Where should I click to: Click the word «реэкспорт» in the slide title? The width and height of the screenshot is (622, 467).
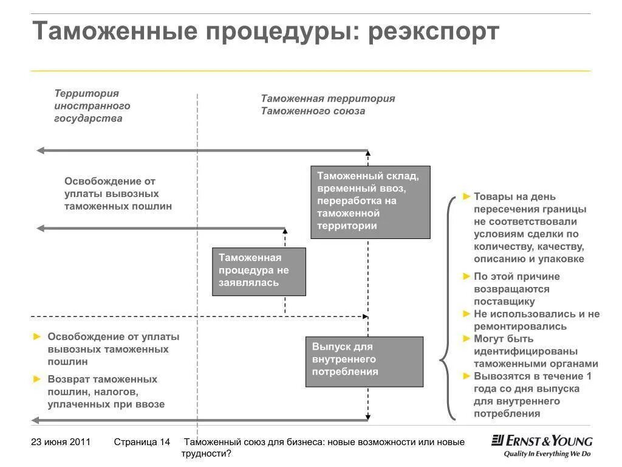[432, 32]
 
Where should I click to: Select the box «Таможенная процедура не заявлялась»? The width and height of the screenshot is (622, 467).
[259, 271]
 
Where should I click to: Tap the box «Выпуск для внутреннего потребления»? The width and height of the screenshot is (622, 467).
[364, 361]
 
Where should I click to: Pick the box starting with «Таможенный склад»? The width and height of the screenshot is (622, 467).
[370, 202]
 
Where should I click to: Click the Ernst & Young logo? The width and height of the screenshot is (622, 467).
[542, 441]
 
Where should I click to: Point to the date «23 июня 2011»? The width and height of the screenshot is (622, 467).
[61, 442]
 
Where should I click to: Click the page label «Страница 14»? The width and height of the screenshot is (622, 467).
[142, 442]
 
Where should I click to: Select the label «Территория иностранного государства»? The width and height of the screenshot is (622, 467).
[92, 106]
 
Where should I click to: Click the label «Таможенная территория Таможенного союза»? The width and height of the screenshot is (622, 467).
[328, 104]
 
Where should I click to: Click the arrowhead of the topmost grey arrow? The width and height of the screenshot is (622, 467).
[40, 150]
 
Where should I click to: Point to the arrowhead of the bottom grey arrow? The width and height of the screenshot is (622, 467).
[35, 420]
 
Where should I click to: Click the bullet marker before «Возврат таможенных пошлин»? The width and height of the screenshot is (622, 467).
[38, 379]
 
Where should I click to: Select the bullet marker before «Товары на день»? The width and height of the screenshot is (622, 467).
[466, 196]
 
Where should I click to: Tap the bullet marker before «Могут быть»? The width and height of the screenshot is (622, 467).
[466, 339]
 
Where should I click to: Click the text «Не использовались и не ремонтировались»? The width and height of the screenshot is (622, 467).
[536, 320]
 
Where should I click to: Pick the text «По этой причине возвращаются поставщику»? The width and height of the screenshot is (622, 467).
[516, 289]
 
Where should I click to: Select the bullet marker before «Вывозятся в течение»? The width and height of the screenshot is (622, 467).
[466, 376]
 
